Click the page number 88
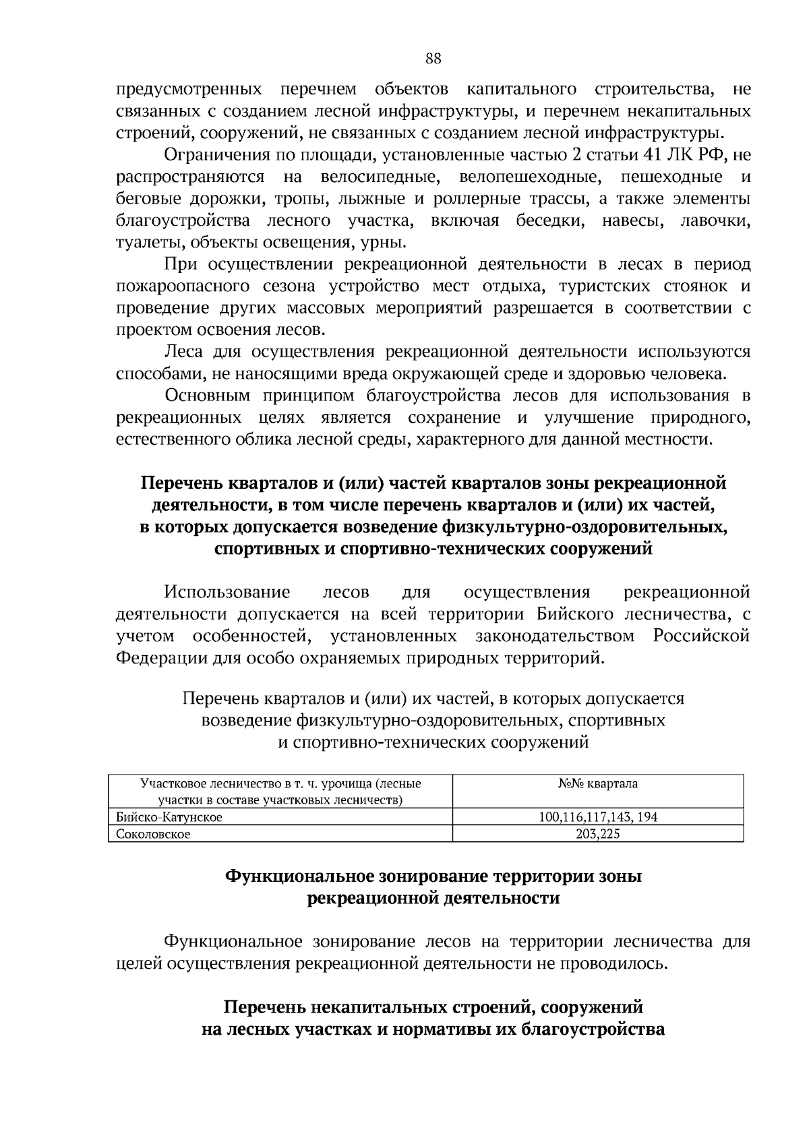433,58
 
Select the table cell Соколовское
153,834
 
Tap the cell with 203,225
597,834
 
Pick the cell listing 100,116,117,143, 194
597,817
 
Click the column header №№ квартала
597,784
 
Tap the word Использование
227,593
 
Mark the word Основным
208,396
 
